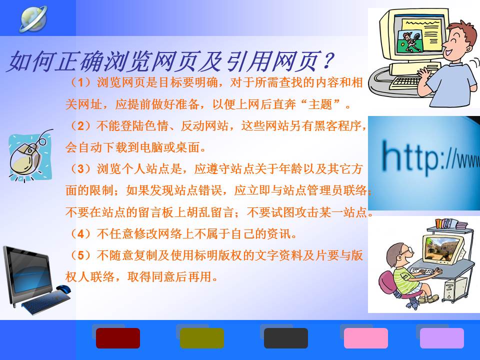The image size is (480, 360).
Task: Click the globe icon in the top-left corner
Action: (x=33, y=19)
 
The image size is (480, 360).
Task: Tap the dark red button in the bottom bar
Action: (x=118, y=338)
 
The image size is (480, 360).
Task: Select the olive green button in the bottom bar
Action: (x=201, y=338)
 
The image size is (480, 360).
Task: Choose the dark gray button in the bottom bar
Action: (x=286, y=338)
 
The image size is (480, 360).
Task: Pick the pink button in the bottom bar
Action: (x=366, y=338)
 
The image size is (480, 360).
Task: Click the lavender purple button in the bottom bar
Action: (x=441, y=338)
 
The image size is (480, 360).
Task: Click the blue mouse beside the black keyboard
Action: (x=63, y=288)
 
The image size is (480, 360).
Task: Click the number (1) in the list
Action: (x=80, y=82)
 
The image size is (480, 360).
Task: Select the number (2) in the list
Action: (x=80, y=126)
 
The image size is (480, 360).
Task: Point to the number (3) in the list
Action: (x=80, y=169)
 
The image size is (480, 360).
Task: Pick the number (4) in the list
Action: (x=80, y=234)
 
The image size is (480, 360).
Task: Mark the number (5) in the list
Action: (x=80, y=255)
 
